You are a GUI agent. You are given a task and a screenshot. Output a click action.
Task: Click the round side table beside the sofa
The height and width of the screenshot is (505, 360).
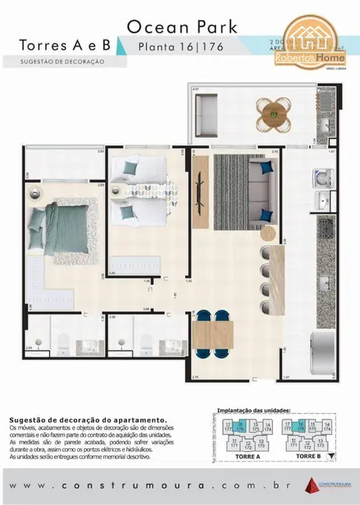269,232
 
